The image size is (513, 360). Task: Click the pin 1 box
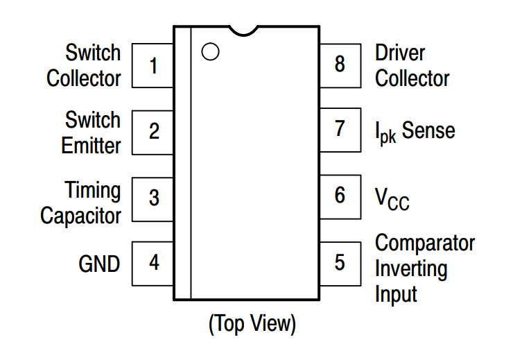tap(153, 66)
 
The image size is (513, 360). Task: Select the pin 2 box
tap(153, 130)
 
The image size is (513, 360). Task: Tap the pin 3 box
tap(153, 197)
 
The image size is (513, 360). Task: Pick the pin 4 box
tap(153, 263)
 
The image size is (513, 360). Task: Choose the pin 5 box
tap(340, 263)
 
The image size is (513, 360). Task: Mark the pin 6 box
tap(340, 196)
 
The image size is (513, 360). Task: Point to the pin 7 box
tap(340, 129)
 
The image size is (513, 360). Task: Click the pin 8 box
tap(340, 65)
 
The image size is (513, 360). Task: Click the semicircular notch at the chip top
tap(245, 30)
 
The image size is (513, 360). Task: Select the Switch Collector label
tap(84, 65)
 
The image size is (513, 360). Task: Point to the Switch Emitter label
tap(91, 132)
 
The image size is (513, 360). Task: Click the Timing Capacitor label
tap(81, 202)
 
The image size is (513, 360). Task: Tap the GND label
tap(99, 264)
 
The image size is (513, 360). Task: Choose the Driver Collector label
tap(412, 65)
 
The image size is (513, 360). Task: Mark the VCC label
tap(392, 198)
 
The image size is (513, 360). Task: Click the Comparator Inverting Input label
tap(424, 268)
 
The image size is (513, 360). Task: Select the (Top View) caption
tap(252, 323)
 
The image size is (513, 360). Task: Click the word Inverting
tap(411, 268)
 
